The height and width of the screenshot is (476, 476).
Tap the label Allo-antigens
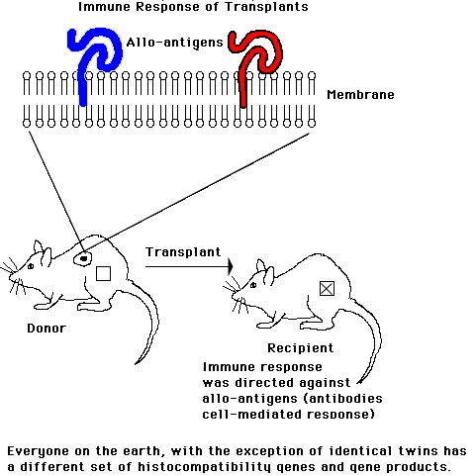[175, 43]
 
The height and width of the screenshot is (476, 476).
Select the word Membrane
[360, 95]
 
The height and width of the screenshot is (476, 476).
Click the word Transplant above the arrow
[183, 252]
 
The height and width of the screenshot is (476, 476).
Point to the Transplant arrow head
[231, 266]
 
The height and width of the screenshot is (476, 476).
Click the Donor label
[47, 329]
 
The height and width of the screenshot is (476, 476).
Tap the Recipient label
[301, 348]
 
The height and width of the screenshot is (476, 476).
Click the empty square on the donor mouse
[103, 273]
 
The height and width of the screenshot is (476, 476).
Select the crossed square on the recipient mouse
[327, 289]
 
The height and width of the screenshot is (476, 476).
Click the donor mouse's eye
[31, 266]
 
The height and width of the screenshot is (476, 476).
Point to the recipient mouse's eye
[253, 285]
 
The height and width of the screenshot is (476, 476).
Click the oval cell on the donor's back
[82, 258]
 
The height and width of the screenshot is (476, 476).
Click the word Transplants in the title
[266, 7]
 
